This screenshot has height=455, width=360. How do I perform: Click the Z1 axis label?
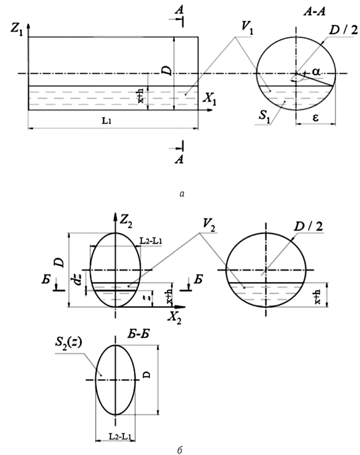pos(17,29)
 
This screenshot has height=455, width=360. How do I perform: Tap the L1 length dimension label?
pos(106,121)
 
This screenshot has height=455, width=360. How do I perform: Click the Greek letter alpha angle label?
pos(316,71)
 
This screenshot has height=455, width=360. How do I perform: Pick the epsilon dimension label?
pos(316,118)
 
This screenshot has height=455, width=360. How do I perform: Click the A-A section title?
pos(314,11)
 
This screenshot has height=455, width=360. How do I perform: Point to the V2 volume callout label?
pos(209,226)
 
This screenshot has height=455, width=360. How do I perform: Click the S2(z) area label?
pos(68,343)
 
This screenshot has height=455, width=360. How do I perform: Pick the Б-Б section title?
pos(139,334)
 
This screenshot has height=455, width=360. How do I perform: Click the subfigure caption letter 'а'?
pos(182,194)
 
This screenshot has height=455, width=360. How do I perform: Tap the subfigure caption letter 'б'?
pos(179,450)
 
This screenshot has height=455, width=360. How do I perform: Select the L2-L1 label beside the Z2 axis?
pos(151,241)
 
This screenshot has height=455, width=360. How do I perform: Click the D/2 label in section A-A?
pos(344,30)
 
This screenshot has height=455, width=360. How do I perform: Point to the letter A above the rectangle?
pos(179,10)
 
